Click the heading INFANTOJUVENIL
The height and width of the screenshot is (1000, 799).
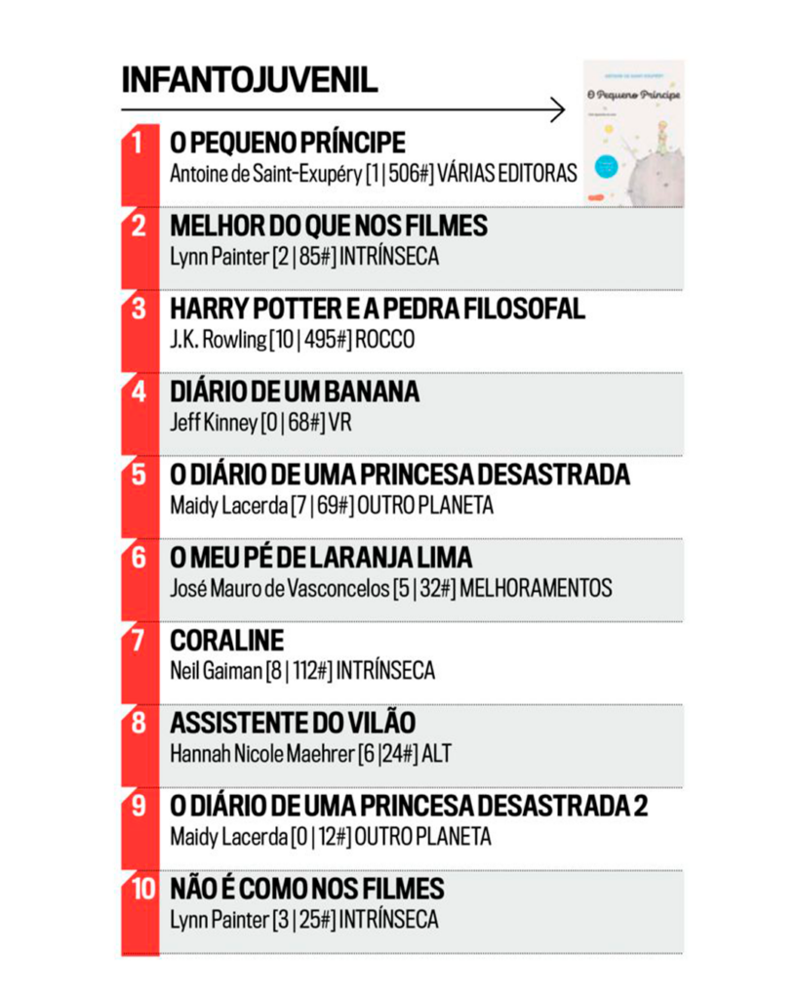[x=250, y=80]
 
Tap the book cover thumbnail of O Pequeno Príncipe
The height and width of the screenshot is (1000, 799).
[x=633, y=133]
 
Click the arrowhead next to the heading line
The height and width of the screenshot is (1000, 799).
[x=558, y=109]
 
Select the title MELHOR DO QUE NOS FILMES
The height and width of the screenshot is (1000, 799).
[x=329, y=227]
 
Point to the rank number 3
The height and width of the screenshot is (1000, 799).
[x=139, y=310]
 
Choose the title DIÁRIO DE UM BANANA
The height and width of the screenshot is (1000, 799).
[x=295, y=392]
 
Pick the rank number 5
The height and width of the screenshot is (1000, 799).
[x=139, y=475]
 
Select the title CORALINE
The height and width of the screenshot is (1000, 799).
[x=227, y=641]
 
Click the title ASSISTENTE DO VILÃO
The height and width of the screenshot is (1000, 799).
[x=293, y=723]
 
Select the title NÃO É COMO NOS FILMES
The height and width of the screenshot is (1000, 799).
[x=307, y=889]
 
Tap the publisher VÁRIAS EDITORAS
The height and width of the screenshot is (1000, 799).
[x=507, y=174]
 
